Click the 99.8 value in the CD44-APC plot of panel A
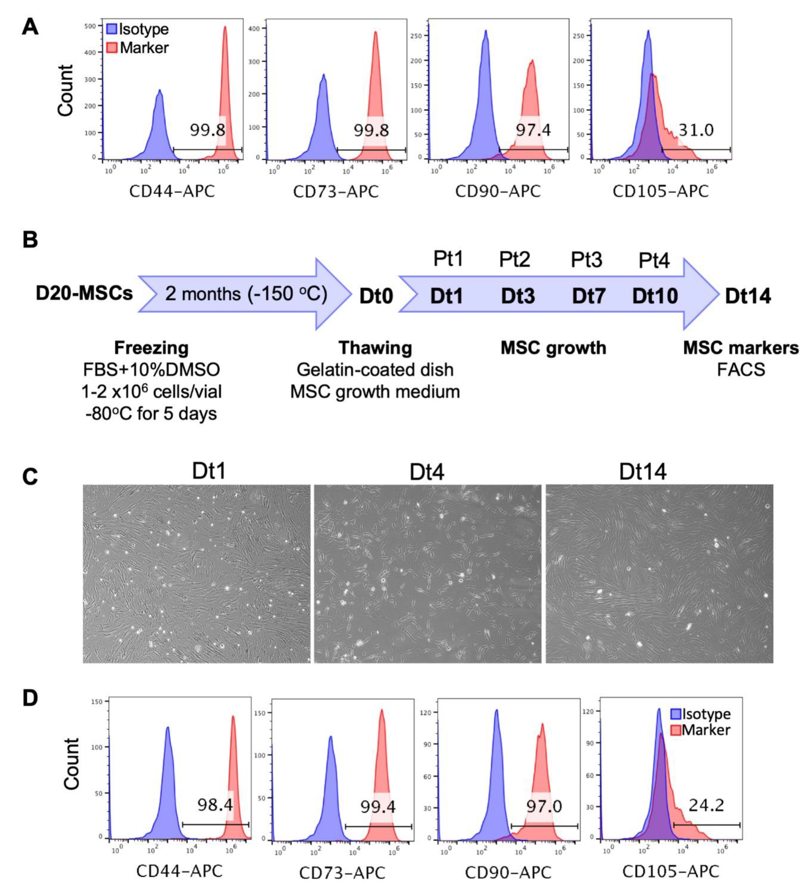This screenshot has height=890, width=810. tap(207, 130)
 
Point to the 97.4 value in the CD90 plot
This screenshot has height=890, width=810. tap(533, 130)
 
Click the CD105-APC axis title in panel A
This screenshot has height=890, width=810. tap(660, 191)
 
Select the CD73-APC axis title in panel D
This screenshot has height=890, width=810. tap(342, 873)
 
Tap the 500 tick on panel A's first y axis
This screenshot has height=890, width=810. tap(90, 26)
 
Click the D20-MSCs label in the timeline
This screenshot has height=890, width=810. tap(84, 293)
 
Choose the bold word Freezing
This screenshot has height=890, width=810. tap(151, 348)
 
